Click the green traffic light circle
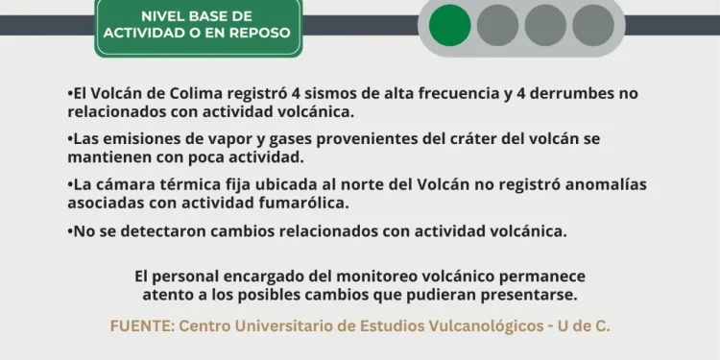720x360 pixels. click(450, 25)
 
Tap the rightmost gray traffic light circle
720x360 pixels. click(593, 25)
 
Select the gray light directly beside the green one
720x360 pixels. click(498, 25)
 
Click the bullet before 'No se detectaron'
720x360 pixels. click(70, 231)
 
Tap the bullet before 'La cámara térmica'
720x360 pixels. click(70, 183)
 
